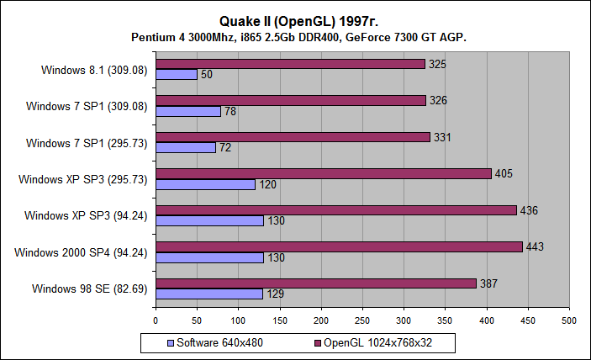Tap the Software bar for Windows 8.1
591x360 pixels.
(x=177, y=75)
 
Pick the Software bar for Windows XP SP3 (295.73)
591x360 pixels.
(x=205, y=184)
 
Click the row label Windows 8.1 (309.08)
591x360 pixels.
(x=94, y=70)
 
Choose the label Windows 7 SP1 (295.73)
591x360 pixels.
(x=88, y=143)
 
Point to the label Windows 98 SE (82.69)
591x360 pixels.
(x=90, y=289)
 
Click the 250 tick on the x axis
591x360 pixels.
(x=362, y=320)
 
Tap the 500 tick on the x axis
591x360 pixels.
(x=569, y=320)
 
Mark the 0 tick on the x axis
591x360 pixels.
(x=156, y=320)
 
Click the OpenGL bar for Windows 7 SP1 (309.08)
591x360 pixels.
(x=291, y=100)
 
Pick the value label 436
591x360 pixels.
(x=528, y=210)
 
